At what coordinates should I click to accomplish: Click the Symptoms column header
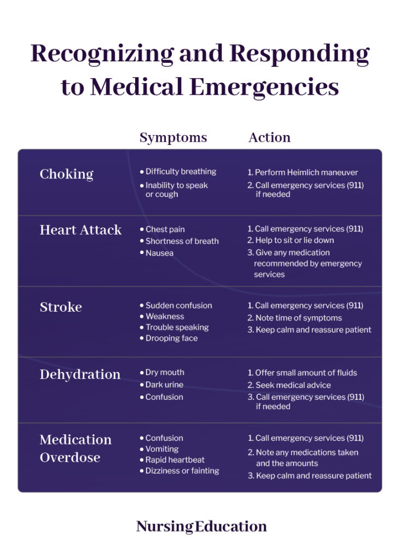click(173, 137)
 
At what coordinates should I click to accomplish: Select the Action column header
click(269, 137)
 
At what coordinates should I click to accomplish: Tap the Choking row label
click(66, 174)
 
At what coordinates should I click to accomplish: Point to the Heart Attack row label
click(80, 230)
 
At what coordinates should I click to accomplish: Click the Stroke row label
click(61, 307)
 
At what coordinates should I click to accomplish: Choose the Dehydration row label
click(80, 375)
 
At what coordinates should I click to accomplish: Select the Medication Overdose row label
click(76, 448)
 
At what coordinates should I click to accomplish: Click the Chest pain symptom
click(165, 230)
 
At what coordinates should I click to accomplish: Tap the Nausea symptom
click(159, 253)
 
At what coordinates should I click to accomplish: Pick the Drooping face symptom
click(171, 339)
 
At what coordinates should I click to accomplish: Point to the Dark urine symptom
click(164, 385)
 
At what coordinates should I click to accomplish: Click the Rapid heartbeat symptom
click(175, 460)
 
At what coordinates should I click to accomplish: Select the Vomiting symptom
click(162, 449)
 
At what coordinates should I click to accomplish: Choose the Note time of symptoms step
click(298, 318)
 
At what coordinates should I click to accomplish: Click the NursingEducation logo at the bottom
click(201, 527)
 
